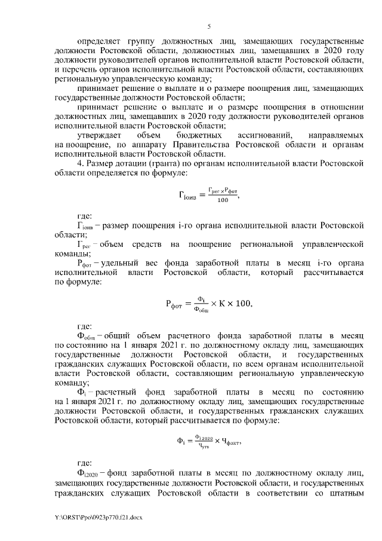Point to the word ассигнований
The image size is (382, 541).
[x=264, y=136]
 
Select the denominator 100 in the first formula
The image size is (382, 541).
[x=223, y=200]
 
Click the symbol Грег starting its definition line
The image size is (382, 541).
[x=84, y=244]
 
